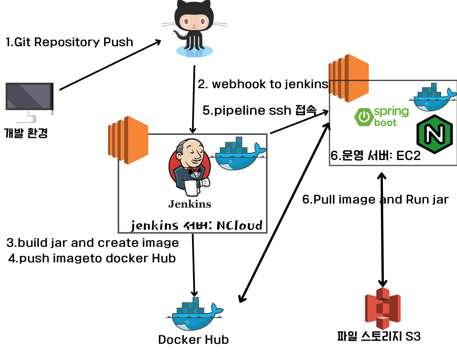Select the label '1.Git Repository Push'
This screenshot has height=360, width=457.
[x=69, y=42]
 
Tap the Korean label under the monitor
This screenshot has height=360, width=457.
[x=26, y=133]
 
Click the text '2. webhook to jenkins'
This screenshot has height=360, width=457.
[x=263, y=84]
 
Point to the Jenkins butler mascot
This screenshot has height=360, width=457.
[x=190, y=168]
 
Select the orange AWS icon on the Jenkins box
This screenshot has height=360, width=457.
[x=128, y=140]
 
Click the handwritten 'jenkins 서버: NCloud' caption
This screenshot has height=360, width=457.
[x=196, y=225]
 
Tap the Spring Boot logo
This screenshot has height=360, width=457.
[x=382, y=117]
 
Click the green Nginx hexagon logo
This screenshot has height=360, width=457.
[x=434, y=134]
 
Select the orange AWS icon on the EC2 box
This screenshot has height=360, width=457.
[x=349, y=78]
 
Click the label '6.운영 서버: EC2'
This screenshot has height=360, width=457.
[x=375, y=156]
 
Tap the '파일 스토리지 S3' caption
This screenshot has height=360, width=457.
[x=379, y=336]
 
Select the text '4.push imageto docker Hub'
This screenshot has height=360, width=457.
[x=92, y=259]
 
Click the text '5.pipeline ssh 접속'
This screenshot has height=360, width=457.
[x=259, y=111]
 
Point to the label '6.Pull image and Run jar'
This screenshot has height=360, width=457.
[x=375, y=200]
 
